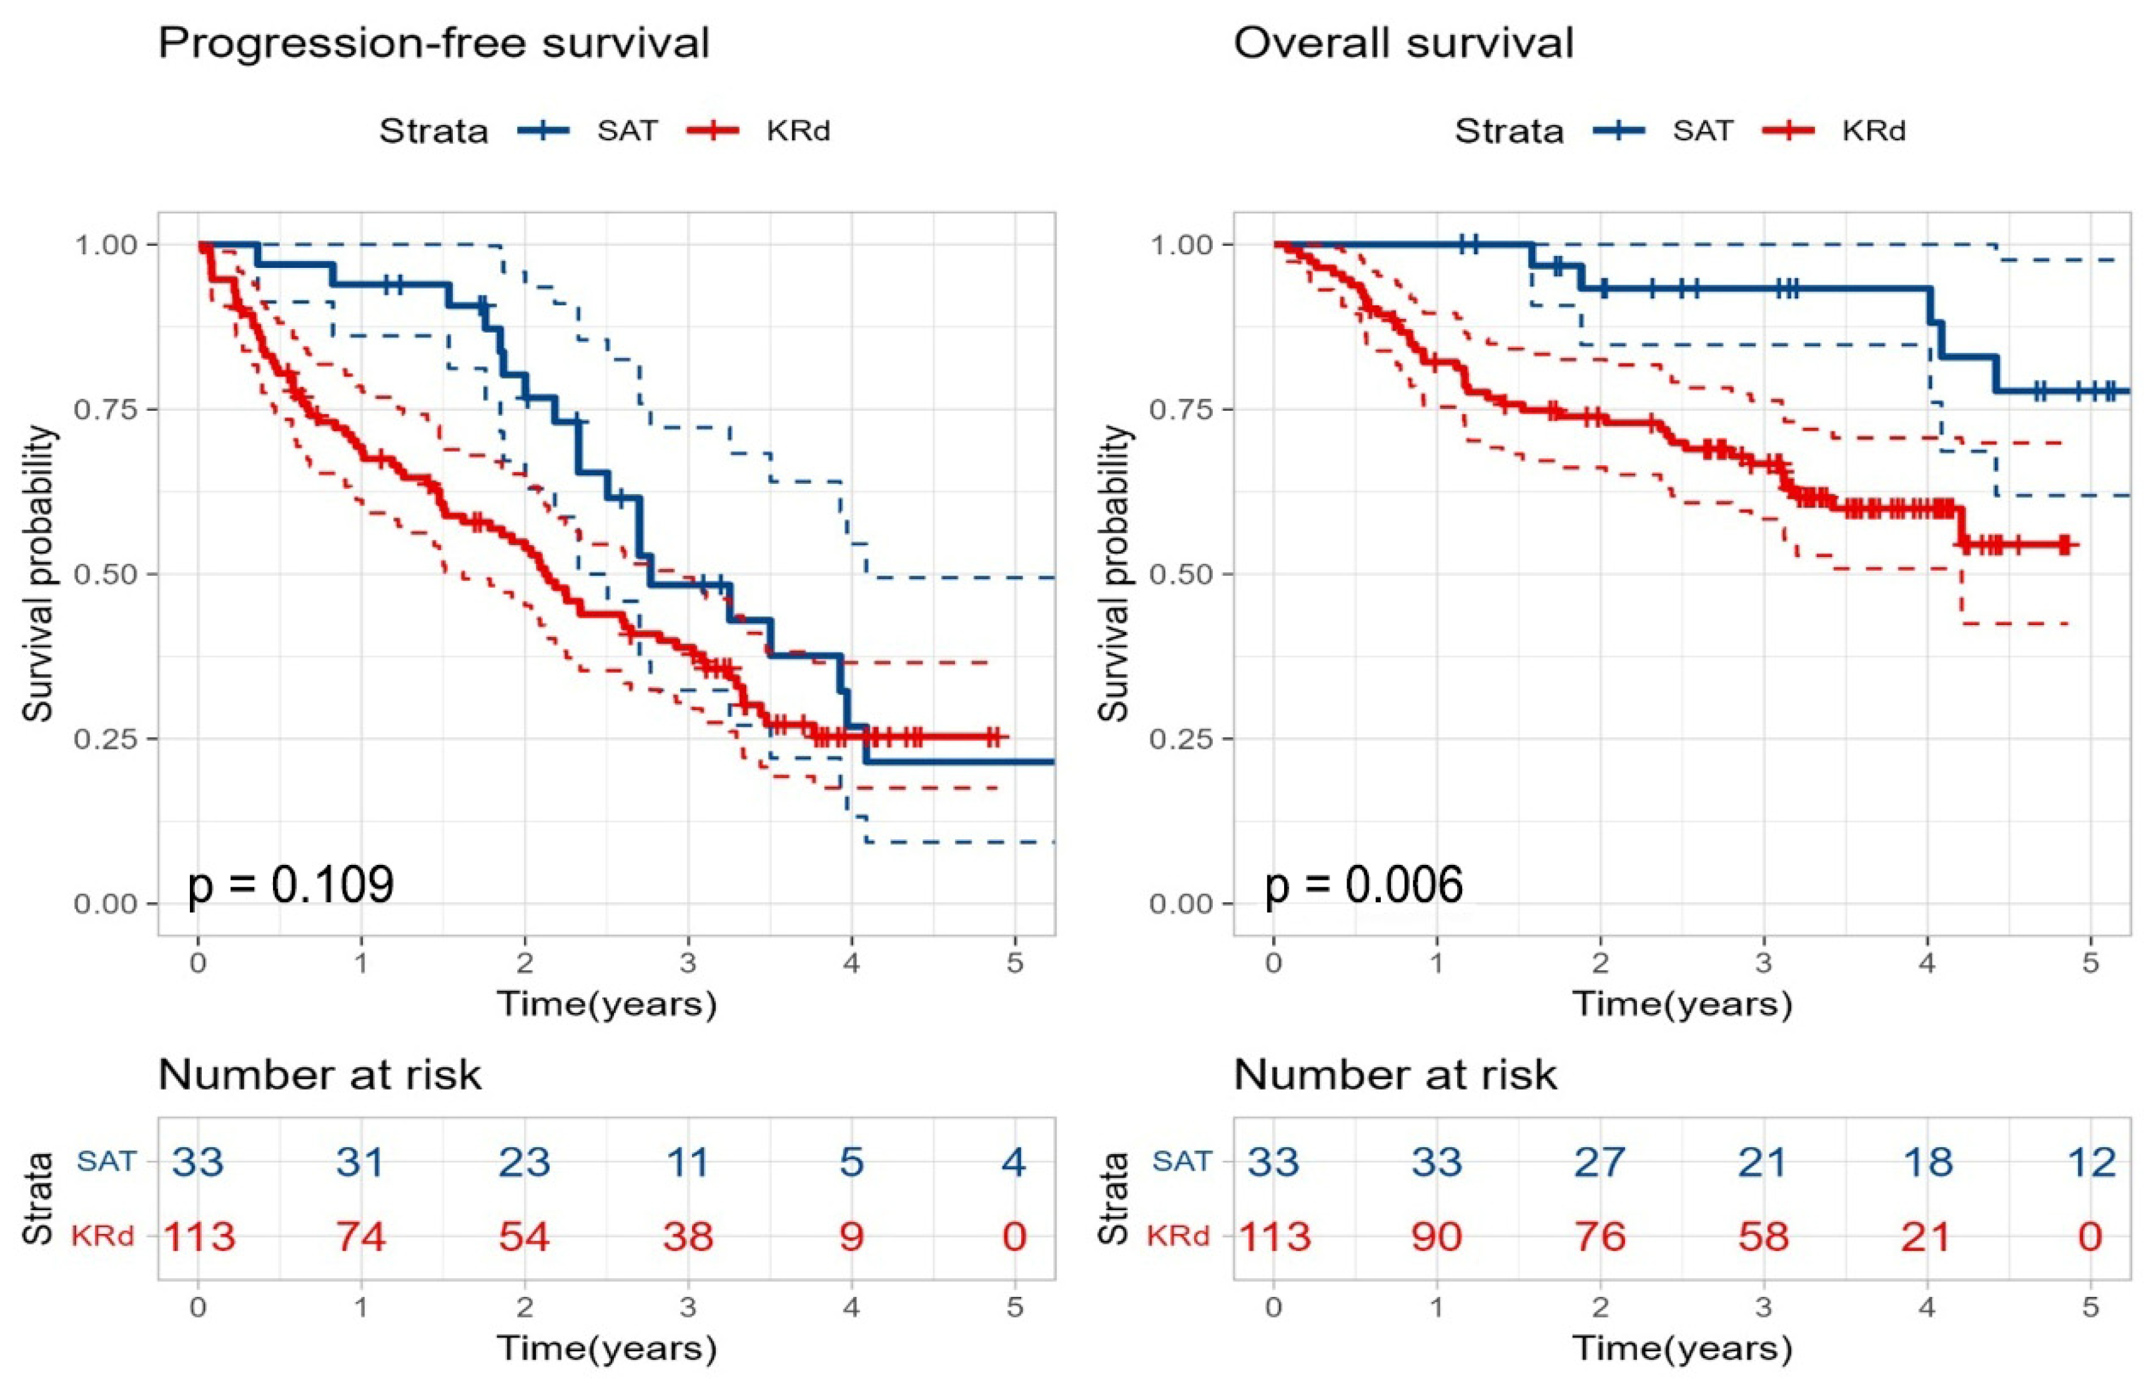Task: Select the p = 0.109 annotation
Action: point(290,884)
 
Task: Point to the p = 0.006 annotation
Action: point(1363,884)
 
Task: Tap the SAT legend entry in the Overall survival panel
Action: point(1702,131)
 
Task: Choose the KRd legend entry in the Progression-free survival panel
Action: point(797,131)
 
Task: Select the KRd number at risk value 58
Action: point(1763,1236)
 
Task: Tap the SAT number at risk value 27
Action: point(1600,1161)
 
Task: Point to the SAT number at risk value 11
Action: point(688,1161)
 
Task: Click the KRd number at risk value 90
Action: point(1437,1236)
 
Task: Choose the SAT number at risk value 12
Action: point(2091,1161)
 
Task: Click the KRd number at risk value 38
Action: point(688,1236)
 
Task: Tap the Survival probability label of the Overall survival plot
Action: point(1114,573)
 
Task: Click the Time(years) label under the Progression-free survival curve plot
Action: point(606,1003)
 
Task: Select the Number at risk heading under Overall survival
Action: point(1395,1075)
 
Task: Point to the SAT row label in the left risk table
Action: point(106,1160)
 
